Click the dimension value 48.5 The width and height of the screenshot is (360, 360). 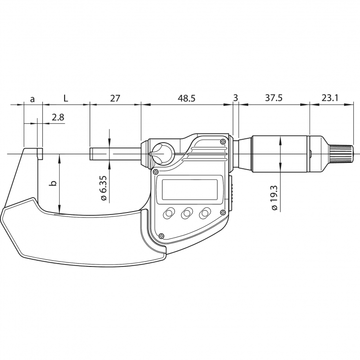[187, 98]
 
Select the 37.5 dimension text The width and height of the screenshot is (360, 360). [273, 98]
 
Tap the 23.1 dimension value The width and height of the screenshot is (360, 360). [330, 98]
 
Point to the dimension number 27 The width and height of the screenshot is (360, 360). [115, 98]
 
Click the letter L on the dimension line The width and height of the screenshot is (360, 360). [66, 98]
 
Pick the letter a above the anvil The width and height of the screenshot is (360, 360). [32, 99]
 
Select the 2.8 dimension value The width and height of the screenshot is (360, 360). [58, 117]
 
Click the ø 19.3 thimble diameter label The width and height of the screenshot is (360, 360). [274, 195]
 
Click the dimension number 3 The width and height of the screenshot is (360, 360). [235, 98]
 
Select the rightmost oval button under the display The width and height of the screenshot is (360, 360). [206, 213]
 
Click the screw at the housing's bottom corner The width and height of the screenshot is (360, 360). [161, 236]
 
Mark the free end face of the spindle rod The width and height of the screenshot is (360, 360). [91, 154]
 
